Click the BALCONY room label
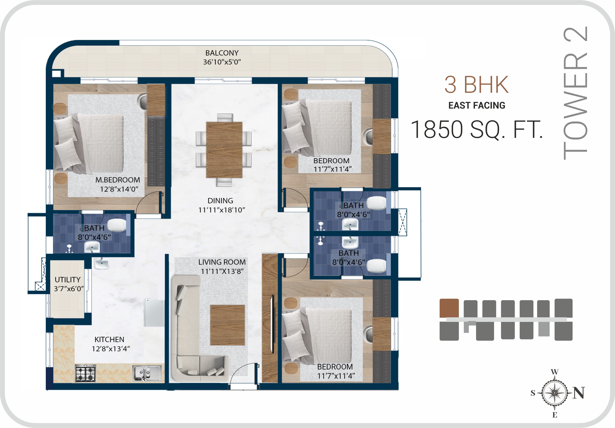click(222, 53)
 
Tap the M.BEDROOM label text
click(118, 180)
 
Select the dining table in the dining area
click(224, 150)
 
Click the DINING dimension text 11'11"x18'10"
click(222, 210)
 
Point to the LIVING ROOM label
click(222, 262)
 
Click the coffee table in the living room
click(227, 325)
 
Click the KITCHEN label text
click(109, 339)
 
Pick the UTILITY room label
click(68, 280)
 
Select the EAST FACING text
click(477, 106)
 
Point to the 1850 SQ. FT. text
click(477, 130)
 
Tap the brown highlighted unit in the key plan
click(449, 308)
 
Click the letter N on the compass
click(579, 393)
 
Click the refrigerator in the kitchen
click(154, 313)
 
